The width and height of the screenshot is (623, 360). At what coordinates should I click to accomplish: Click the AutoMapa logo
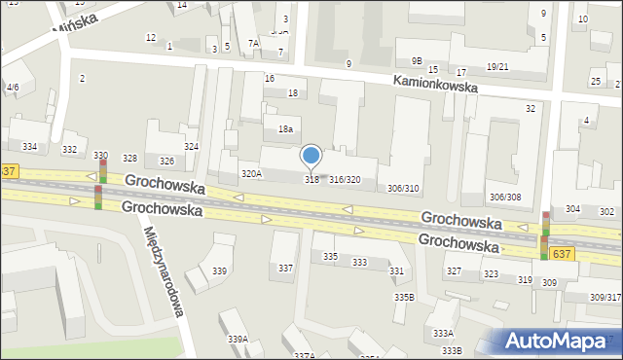[559, 341]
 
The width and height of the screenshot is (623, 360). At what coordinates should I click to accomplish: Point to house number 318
[311, 179]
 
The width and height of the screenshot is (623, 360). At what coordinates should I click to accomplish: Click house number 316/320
[345, 180]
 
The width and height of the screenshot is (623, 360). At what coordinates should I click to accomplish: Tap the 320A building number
[251, 173]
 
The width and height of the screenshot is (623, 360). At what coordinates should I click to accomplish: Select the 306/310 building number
[403, 188]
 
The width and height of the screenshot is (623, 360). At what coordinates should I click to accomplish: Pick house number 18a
[285, 128]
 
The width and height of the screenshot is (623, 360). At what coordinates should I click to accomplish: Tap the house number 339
[220, 270]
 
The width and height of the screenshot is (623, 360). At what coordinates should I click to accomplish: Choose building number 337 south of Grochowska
[285, 267]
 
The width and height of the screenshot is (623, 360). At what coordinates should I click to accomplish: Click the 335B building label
[403, 297]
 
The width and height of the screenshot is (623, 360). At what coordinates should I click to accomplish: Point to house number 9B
[417, 60]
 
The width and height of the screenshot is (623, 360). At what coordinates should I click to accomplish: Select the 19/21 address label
[497, 66]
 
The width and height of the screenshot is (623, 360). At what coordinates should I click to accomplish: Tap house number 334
[30, 147]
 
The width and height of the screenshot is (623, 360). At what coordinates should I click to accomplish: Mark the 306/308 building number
[504, 197]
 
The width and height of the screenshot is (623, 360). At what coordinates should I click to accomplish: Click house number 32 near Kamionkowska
[531, 108]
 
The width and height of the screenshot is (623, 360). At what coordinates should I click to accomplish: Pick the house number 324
[192, 146]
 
